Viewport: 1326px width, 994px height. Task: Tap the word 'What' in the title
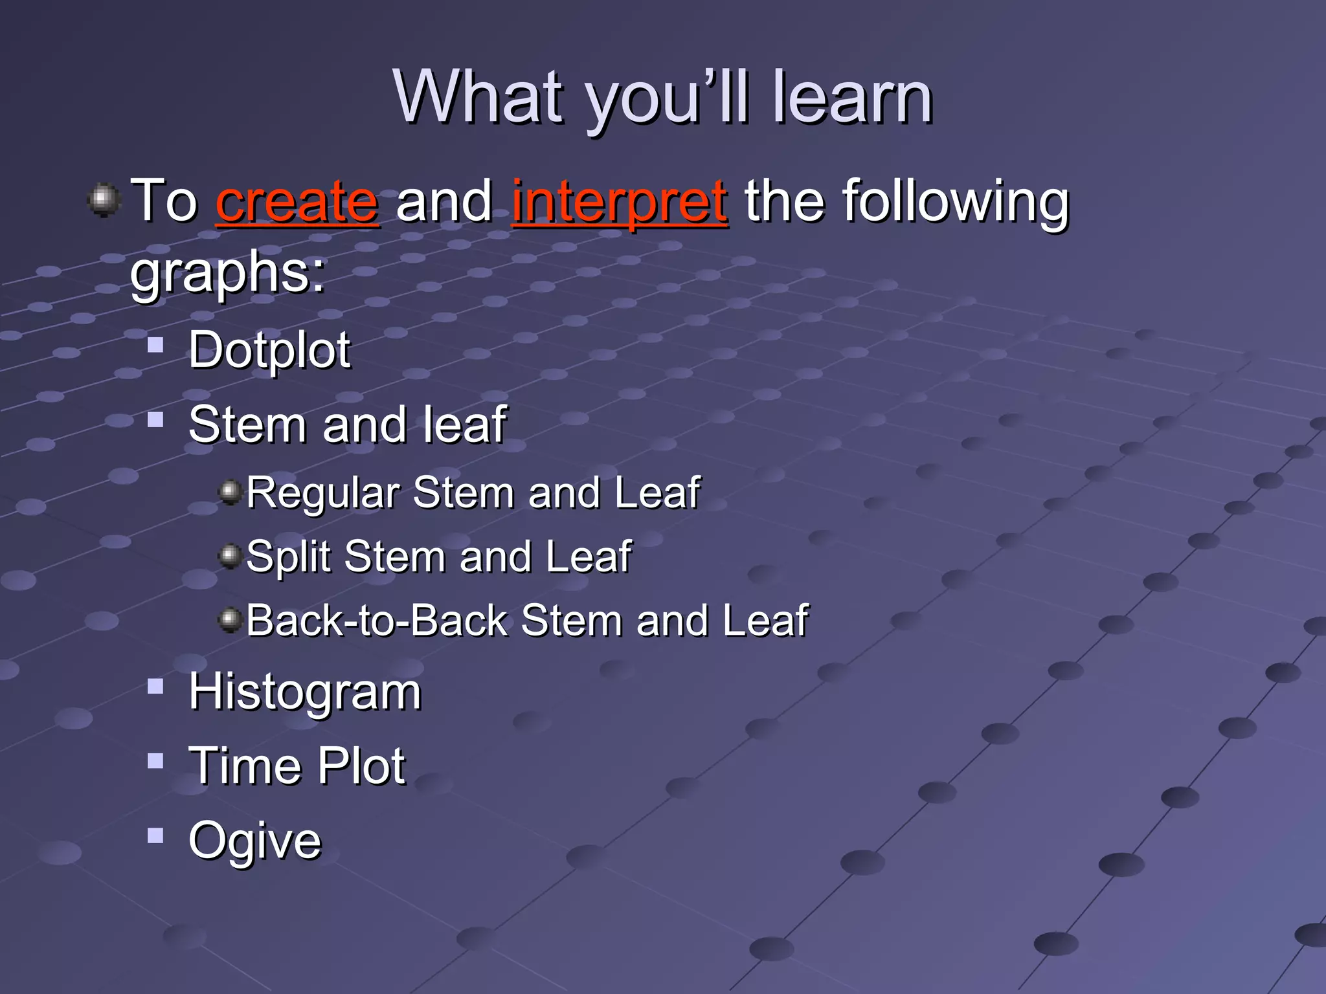click(x=478, y=97)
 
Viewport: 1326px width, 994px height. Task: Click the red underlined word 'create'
click(x=297, y=202)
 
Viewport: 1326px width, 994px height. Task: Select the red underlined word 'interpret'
click(x=620, y=202)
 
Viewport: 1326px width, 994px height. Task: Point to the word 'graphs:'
click(x=228, y=273)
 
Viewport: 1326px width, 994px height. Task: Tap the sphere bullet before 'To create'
click(x=104, y=200)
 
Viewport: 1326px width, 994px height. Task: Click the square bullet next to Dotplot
click(x=155, y=344)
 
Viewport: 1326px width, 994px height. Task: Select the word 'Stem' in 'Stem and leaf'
click(x=246, y=425)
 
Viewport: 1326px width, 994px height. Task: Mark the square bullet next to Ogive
click(x=155, y=835)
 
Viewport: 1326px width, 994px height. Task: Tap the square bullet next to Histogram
click(x=155, y=686)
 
